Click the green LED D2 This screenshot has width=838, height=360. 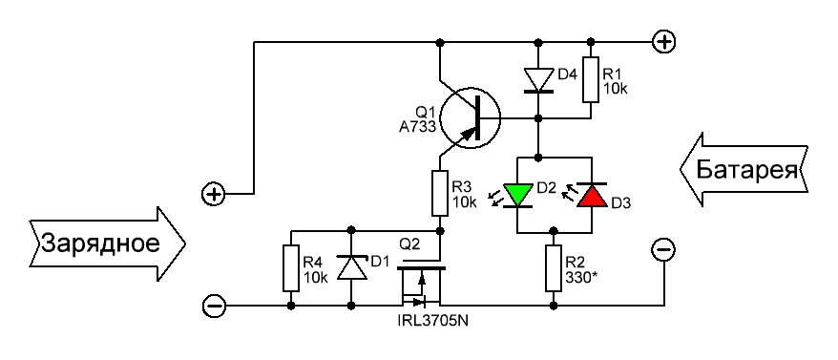click(x=518, y=195)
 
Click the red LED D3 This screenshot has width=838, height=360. click(x=592, y=195)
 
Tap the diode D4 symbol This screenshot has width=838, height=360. click(x=538, y=80)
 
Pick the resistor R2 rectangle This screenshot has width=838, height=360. click(x=554, y=267)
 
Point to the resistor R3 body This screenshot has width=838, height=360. click(x=440, y=193)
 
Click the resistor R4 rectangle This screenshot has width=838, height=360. click(x=291, y=268)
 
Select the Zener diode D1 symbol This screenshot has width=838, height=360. click(x=351, y=267)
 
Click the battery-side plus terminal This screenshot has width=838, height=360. click(x=664, y=41)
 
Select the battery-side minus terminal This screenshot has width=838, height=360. click(x=663, y=250)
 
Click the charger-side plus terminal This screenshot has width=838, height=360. click(x=214, y=194)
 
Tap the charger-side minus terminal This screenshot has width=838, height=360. click(x=215, y=306)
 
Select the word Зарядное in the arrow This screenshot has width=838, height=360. click(x=101, y=244)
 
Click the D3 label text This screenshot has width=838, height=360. click(x=621, y=203)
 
